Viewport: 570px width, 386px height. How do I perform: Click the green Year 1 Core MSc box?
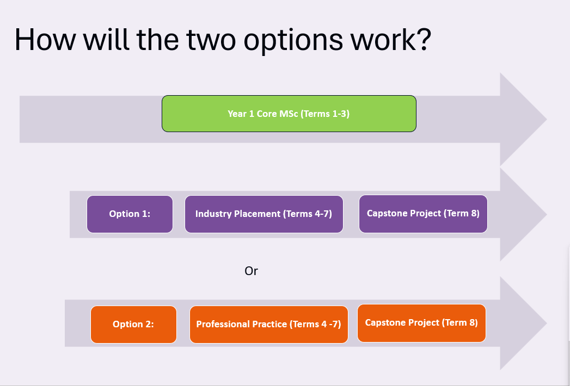click(289, 114)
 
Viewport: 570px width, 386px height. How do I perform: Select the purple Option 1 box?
click(130, 214)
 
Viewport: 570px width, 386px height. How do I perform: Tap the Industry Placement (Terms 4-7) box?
click(264, 214)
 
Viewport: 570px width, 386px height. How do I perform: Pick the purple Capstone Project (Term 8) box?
click(423, 214)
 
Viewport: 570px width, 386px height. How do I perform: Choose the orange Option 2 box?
click(133, 324)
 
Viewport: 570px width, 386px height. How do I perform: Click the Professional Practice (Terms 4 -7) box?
click(268, 324)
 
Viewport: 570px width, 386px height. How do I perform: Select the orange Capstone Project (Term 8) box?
click(422, 323)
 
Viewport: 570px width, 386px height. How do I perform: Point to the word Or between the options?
click(251, 271)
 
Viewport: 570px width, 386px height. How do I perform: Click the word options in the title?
click(293, 40)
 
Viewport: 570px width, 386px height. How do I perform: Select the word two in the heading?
click(211, 40)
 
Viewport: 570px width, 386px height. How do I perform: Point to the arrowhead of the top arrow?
click(524, 120)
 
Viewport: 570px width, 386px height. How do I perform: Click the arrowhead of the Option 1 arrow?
click(524, 214)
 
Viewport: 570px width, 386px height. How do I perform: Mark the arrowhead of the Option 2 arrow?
click(524, 323)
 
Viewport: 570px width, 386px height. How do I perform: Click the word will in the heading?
click(106, 39)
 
